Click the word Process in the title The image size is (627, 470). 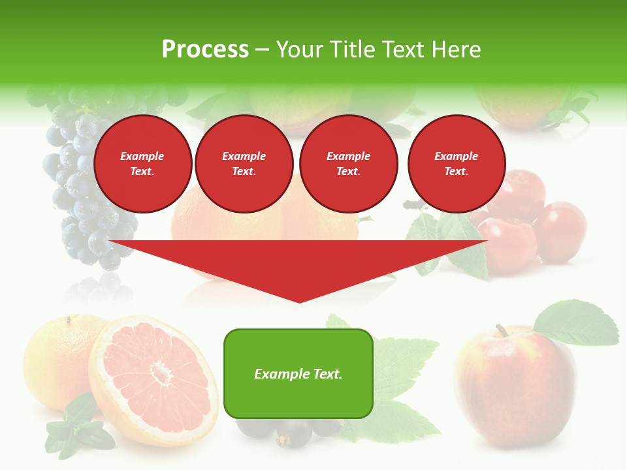205,50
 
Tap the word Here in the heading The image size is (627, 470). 457,50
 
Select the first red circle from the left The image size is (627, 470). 142,164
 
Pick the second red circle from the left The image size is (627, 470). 244,164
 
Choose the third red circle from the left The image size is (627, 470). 348,164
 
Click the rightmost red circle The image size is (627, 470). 456,164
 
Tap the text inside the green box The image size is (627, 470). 298,374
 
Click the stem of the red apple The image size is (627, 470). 501,330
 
